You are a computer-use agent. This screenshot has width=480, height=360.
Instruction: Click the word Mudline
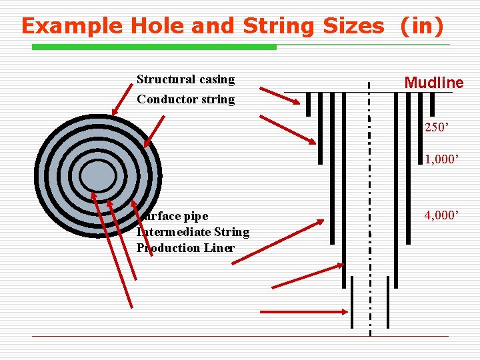click(433, 83)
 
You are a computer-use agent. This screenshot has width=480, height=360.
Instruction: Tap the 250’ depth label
click(438, 127)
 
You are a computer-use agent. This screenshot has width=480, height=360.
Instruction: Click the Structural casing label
click(185, 79)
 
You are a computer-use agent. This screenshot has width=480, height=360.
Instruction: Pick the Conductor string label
click(185, 99)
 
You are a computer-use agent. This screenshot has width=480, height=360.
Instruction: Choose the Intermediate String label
click(193, 232)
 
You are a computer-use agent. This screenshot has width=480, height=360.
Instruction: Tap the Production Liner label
click(185, 248)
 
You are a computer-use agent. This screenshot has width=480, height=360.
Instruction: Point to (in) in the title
click(421, 26)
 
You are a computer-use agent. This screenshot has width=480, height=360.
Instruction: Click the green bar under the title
click(154, 47)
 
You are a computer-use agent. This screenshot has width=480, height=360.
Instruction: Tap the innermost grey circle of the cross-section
click(97, 176)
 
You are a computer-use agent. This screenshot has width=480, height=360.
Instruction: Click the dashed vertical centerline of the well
click(370, 200)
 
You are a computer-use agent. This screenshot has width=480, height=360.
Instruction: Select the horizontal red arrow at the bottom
click(303, 311)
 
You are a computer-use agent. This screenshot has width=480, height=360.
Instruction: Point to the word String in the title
click(279, 26)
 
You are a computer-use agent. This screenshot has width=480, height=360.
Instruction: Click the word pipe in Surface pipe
click(194, 216)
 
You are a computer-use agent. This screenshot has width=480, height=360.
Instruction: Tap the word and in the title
click(210, 26)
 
